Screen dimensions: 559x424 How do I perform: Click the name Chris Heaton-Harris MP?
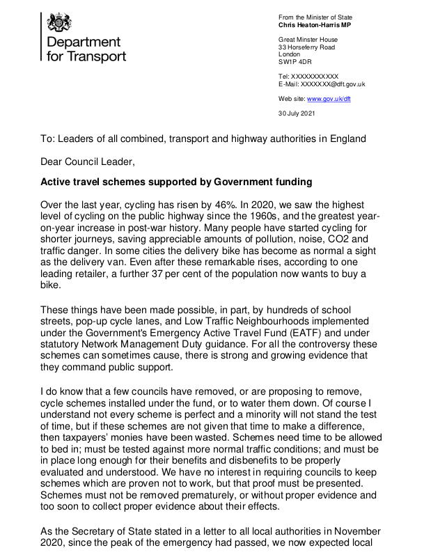pyautogui.click(x=315, y=25)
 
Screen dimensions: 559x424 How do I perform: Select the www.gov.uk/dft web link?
pyautogui.click(x=329, y=99)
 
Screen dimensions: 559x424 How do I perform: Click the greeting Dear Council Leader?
pyautogui.click(x=86, y=162)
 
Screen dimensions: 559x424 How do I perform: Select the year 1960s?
pyautogui.click(x=264, y=219)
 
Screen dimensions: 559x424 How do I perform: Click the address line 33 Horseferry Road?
pyautogui.click(x=306, y=47)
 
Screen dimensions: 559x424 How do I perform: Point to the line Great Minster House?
pyautogui.click(x=308, y=40)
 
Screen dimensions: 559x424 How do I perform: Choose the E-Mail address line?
pyautogui.click(x=322, y=84)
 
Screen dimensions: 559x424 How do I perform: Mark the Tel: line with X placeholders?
pyautogui.click(x=308, y=77)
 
